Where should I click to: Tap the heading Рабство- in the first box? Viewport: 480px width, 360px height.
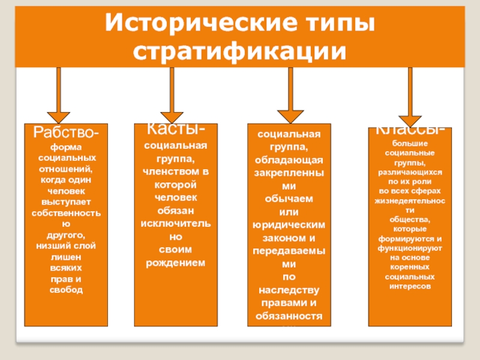67,132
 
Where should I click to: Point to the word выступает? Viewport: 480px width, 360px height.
67,202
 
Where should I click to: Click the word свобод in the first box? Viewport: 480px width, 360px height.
67,290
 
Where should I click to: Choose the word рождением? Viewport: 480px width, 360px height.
175,263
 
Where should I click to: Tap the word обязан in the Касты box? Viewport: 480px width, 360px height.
175,211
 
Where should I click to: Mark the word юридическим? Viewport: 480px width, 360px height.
290,225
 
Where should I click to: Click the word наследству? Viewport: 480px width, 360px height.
290,290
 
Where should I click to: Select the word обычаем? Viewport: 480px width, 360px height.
290,199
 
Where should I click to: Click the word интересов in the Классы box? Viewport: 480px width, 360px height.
410,287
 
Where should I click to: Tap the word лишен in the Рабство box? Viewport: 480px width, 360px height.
67,256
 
